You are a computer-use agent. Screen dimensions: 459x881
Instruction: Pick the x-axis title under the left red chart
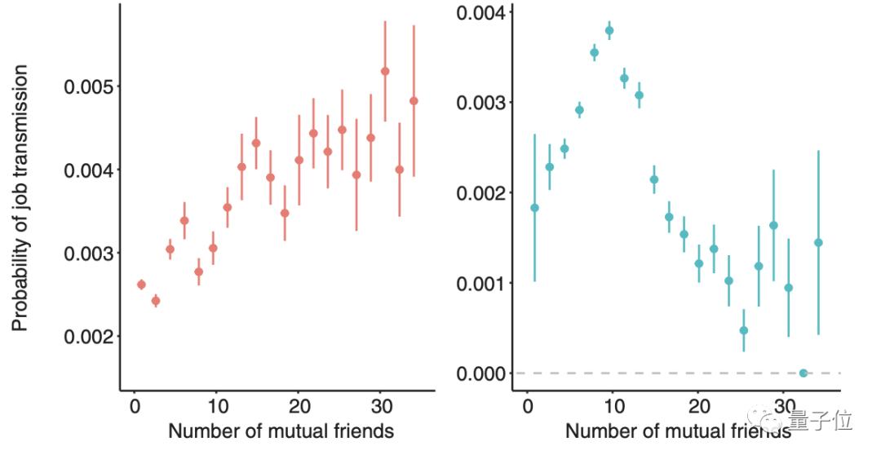coord(281,430)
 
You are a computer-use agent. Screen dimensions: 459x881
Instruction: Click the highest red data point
coord(385,71)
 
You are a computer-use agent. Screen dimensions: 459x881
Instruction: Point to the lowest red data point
coord(156,301)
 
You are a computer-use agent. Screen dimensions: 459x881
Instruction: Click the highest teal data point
coord(609,31)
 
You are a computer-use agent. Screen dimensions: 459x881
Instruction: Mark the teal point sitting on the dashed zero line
coord(804,373)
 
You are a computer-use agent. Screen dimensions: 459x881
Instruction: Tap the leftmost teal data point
coord(535,207)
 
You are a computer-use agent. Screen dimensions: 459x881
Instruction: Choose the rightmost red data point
coord(414,101)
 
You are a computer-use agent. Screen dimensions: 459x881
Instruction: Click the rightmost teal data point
coord(818,242)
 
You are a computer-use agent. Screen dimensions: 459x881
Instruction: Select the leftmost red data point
coord(141,285)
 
